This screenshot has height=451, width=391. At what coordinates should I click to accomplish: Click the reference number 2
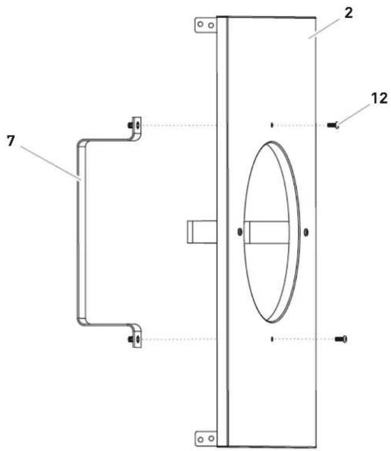pos(348,13)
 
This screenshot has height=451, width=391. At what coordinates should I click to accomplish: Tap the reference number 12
pos(379,98)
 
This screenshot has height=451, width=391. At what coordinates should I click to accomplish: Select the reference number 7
pos(11,141)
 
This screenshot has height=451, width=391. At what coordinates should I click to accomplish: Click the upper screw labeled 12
pos(333,125)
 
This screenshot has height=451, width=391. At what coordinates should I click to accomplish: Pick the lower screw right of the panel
pos(341,339)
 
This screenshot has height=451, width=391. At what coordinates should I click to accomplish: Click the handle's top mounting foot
pos(135,126)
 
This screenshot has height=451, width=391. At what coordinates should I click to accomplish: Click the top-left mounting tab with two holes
pos(206,25)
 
